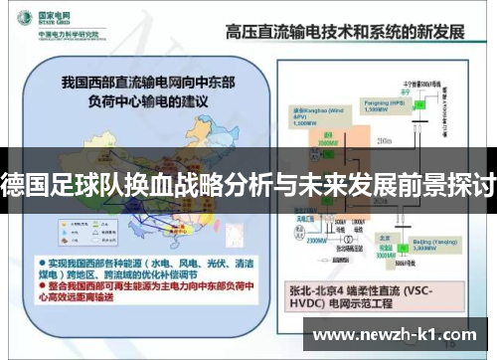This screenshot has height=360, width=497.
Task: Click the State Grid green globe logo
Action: coord(21,20)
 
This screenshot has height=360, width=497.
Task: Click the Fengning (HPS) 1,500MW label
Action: coord(383,104)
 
